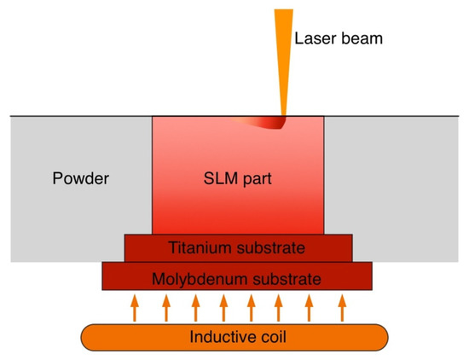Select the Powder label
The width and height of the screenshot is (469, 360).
pos(81,179)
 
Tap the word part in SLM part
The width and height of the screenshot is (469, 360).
pos(257,179)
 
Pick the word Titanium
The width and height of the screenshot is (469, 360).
pos(201,248)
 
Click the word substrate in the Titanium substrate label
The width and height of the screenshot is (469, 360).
pos(271,248)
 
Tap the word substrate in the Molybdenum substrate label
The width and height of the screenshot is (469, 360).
pos(281,277)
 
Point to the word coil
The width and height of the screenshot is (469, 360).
pos(269,337)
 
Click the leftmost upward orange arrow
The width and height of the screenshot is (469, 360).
pos(133,308)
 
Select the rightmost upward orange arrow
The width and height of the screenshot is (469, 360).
pos(342,308)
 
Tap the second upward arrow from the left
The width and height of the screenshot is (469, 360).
pos(165,308)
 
